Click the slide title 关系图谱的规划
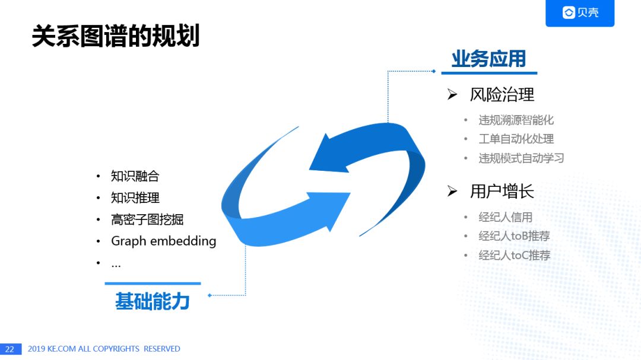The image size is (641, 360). pyautogui.click(x=115, y=36)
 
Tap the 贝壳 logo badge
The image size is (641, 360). pyautogui.click(x=580, y=13)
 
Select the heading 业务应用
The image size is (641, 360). pyautogui.click(x=488, y=59)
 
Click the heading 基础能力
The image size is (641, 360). pyautogui.click(x=152, y=301)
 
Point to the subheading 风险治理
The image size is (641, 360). pyautogui.click(x=502, y=94)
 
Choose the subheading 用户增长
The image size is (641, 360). pyautogui.click(x=502, y=191)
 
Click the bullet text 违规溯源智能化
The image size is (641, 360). pyautogui.click(x=516, y=120)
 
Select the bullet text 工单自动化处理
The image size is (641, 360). pyautogui.click(x=516, y=139)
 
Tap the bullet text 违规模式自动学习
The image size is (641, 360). pyautogui.click(x=521, y=158)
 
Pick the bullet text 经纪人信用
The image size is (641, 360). pyautogui.click(x=505, y=217)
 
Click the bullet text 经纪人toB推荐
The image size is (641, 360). pyautogui.click(x=514, y=236)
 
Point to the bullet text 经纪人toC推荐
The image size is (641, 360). pyautogui.click(x=514, y=255)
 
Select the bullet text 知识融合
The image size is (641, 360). pyautogui.click(x=135, y=176)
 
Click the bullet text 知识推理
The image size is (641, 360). pyautogui.click(x=135, y=197)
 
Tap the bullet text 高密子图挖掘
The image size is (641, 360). pyautogui.click(x=147, y=219)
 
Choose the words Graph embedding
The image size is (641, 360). pyautogui.click(x=163, y=241)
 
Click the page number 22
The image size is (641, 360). pyautogui.click(x=9, y=349)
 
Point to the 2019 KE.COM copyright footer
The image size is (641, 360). pyautogui.click(x=104, y=349)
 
